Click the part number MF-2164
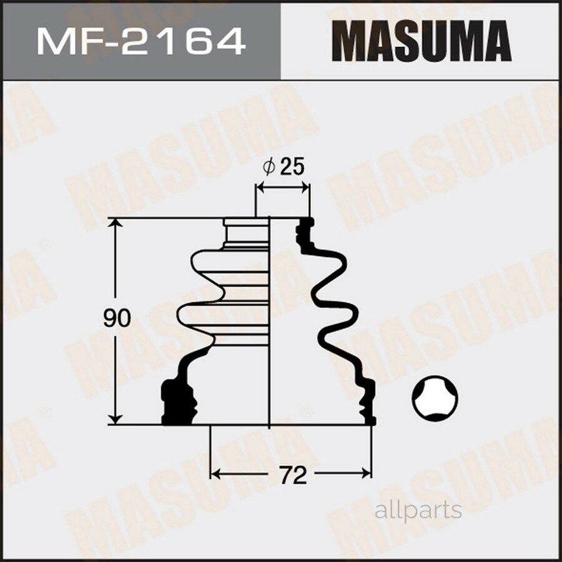click(140, 42)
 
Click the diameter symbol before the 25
click(269, 167)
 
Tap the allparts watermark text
click(418, 510)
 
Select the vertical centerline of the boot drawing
click(269, 325)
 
